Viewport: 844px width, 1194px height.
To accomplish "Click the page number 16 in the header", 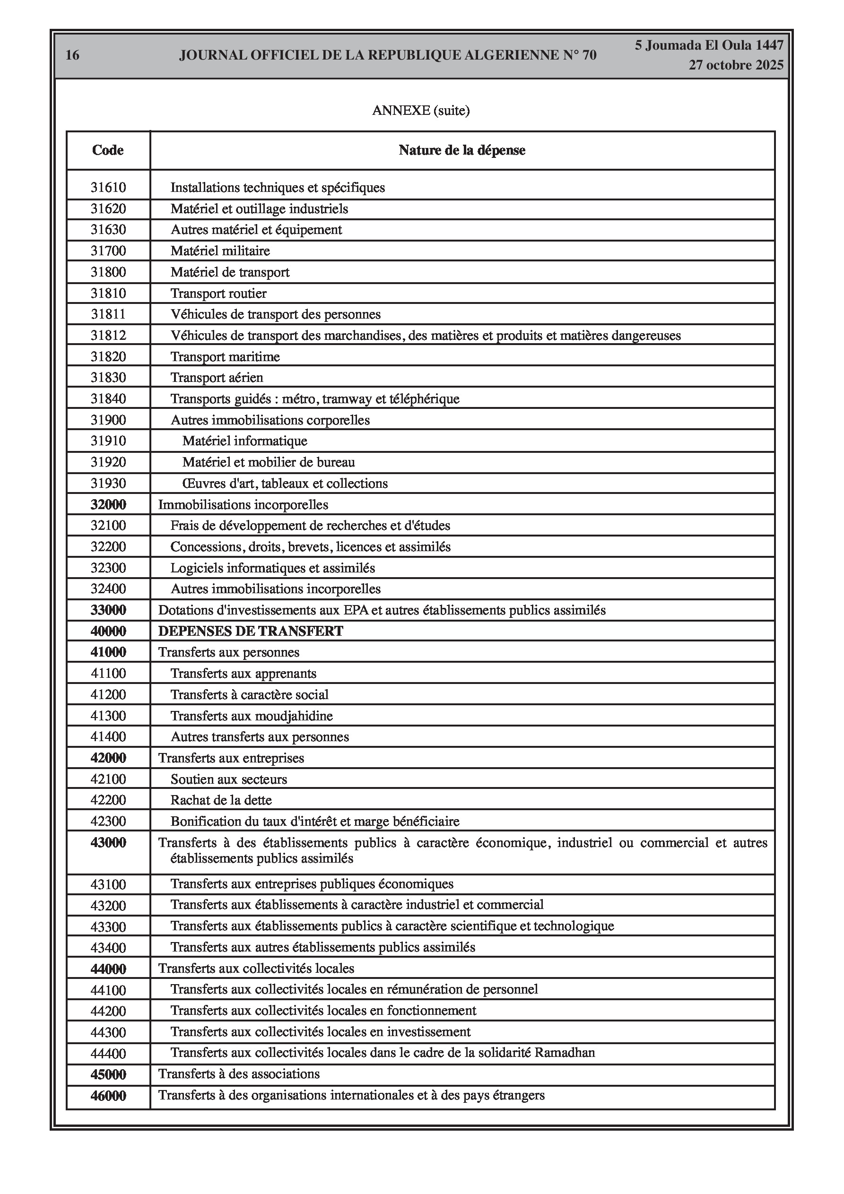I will tap(72, 55).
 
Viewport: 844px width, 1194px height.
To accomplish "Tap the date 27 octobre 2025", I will tap(736, 66).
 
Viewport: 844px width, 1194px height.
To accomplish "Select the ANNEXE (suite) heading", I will tap(421, 111).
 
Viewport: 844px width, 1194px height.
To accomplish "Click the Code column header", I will tap(108, 150).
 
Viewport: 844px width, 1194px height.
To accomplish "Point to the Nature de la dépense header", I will tap(462, 150).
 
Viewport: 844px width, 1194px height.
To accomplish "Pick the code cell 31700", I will tap(108, 251).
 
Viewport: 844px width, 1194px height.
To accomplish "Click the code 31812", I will tap(108, 336).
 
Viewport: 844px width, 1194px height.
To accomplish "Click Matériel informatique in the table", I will tap(244, 441).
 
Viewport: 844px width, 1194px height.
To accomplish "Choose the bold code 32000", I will tap(108, 504).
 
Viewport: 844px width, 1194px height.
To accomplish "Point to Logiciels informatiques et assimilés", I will tap(273, 568).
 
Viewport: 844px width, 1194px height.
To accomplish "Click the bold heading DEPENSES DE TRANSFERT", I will tap(251, 632).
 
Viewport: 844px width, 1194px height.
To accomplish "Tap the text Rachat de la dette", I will tap(221, 800).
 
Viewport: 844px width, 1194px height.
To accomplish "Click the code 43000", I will tap(108, 842).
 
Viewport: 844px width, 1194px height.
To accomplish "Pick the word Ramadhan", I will tap(565, 1053).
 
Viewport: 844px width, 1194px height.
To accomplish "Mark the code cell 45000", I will tap(108, 1074).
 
